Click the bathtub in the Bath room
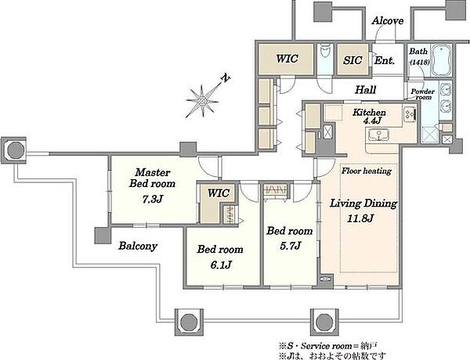click(x=442, y=60)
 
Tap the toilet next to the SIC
click(x=325, y=53)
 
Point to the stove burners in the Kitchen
click(x=410, y=113)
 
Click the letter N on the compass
click(x=225, y=78)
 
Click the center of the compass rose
click(x=202, y=101)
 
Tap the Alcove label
click(x=387, y=20)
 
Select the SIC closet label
click(x=352, y=60)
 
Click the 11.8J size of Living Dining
click(x=360, y=218)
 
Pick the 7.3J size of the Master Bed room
click(x=153, y=199)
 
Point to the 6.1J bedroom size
click(x=221, y=265)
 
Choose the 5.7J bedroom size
click(x=290, y=246)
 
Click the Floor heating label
click(x=367, y=171)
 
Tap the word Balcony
click(x=138, y=247)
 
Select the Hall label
click(x=365, y=89)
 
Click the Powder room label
click(x=422, y=95)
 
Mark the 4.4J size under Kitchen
click(x=372, y=121)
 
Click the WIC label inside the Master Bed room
click(x=219, y=193)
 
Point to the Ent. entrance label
click(x=385, y=61)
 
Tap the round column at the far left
click(x=16, y=150)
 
